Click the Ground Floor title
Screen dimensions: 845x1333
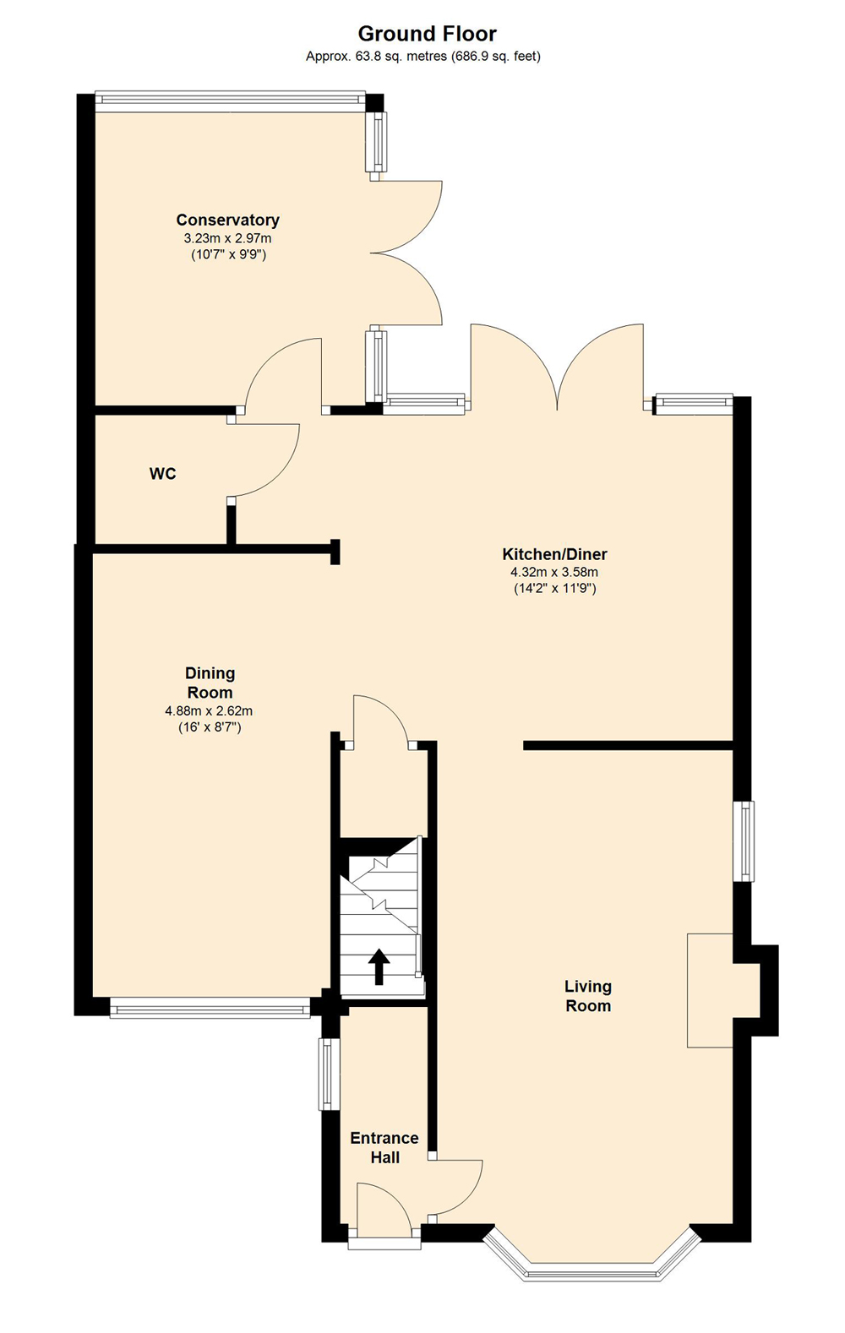[x=427, y=34]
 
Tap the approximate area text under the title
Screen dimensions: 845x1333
[x=423, y=57]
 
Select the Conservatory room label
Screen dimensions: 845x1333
[x=228, y=220]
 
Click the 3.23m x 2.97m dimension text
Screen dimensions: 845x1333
[x=228, y=238]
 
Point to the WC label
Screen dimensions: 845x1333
[x=162, y=474]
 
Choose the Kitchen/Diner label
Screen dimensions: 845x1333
[x=554, y=554]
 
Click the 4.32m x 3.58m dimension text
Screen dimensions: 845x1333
[x=554, y=573]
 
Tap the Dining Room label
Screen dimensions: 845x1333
[x=210, y=683]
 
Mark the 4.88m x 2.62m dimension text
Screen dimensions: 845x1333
[x=210, y=710]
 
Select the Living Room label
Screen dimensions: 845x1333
[x=588, y=996]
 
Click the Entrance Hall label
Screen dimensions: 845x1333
[x=384, y=1147]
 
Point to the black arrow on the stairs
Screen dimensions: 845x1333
[x=379, y=966]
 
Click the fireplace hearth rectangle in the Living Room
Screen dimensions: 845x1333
[x=710, y=990]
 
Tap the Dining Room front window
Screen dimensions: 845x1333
[x=210, y=1009]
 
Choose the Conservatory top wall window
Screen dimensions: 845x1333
[x=231, y=99]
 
